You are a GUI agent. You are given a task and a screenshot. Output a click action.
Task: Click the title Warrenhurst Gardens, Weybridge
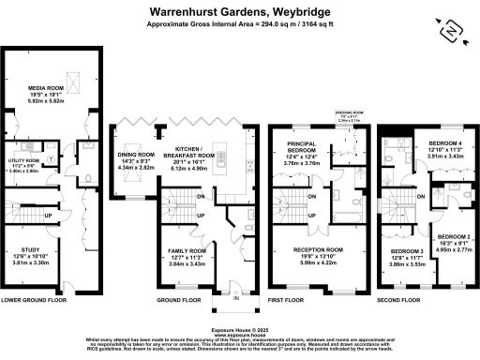click(x=239, y=12)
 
